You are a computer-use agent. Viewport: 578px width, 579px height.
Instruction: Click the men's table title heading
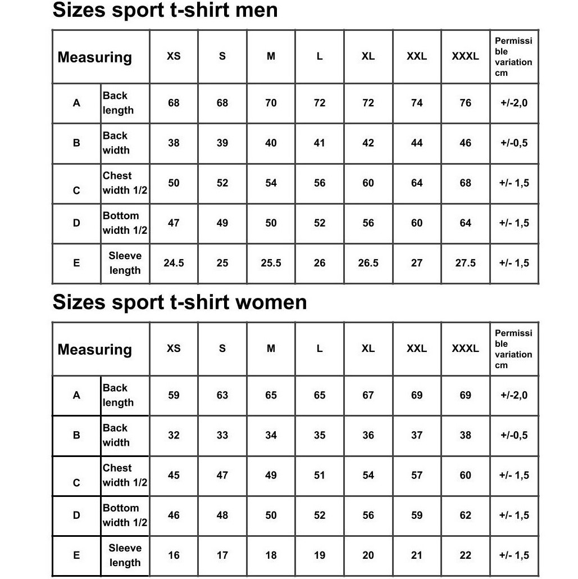pos(165,10)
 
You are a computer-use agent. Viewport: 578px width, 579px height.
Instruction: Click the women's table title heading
pos(179,302)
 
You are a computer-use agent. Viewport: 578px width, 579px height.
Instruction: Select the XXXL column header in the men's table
pos(465,56)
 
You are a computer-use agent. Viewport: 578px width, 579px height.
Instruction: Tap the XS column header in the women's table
pos(174,349)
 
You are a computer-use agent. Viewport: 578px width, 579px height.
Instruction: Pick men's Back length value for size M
pos(271,103)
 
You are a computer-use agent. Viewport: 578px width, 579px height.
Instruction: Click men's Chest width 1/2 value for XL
pos(368,183)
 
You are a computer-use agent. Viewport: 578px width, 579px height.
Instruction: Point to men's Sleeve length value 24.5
pos(174,263)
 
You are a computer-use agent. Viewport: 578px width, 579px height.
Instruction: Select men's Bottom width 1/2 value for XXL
pos(416,223)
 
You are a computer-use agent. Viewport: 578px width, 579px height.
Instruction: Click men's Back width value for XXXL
pos(465,143)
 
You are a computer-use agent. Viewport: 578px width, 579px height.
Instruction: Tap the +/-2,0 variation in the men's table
pos(514,103)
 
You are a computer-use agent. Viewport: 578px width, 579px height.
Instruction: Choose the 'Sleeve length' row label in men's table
pos(125,263)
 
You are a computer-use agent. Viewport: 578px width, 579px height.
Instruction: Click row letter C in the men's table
pos(76,190)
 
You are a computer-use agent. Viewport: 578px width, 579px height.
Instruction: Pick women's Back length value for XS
pos(174,395)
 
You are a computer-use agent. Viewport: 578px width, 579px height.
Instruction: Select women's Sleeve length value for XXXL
pos(465,555)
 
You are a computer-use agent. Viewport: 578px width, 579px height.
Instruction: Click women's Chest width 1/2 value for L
pos(319,475)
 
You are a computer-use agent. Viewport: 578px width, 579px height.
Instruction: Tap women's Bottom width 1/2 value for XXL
pos(416,515)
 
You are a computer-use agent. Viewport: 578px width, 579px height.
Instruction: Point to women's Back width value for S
pos(222,435)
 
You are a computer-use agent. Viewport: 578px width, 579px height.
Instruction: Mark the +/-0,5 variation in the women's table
pos(514,435)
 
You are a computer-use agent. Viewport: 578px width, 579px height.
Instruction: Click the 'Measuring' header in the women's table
pos(95,349)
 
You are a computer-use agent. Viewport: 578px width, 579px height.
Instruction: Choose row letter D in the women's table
pos(76,515)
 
